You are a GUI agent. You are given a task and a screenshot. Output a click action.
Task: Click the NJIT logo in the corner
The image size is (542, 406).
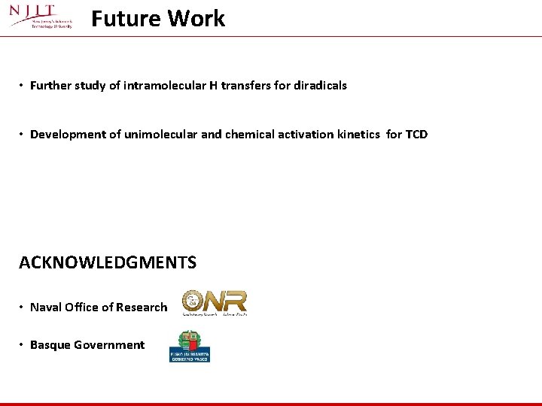[x=41, y=16]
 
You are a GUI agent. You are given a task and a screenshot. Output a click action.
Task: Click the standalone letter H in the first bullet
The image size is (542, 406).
[x=214, y=86]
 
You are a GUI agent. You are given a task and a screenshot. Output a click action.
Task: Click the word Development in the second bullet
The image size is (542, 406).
[x=64, y=135]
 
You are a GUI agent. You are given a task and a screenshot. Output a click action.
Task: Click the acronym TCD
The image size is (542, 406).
[x=416, y=135]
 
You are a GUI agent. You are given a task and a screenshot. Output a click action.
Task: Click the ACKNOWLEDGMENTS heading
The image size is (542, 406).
[x=108, y=262]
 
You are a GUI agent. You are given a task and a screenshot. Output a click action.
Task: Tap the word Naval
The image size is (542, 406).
[x=45, y=308]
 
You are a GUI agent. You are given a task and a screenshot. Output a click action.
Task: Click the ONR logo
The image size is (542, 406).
[x=215, y=302]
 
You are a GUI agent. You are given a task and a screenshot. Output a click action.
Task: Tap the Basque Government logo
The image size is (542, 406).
[x=190, y=347]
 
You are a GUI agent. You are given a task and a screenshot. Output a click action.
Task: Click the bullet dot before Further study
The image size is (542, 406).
[x=22, y=86]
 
